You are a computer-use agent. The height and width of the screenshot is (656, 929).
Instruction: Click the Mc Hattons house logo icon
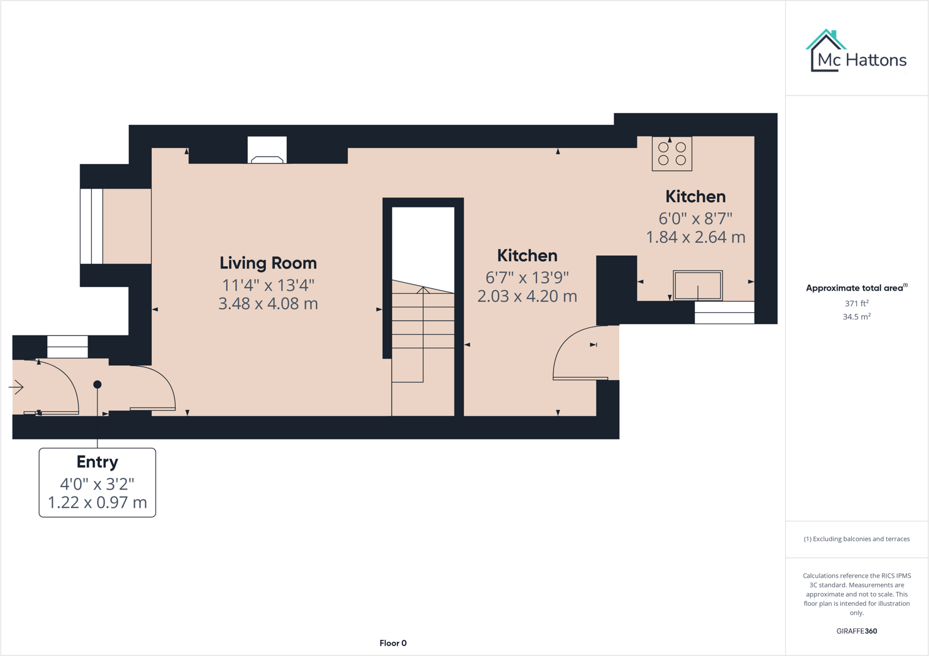coord(826,51)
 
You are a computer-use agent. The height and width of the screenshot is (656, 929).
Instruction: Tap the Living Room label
coord(268,263)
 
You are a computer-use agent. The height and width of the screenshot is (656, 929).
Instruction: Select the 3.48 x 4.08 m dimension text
coord(268,304)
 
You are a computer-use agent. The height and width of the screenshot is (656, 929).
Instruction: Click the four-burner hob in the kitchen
coord(672,154)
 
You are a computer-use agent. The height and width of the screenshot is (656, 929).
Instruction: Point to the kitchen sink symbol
coord(698,285)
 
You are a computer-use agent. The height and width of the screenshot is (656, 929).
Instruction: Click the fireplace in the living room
coord(267,151)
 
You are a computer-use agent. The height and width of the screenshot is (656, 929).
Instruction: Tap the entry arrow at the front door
coord(17,387)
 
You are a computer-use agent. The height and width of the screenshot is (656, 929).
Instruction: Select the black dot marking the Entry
coord(97,384)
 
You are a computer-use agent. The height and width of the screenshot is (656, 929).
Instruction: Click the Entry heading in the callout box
coord(97,462)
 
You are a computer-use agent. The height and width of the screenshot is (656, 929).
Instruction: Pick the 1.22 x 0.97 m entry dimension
coord(97,503)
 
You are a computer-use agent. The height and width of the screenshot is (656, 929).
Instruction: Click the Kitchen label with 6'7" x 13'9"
coord(527,256)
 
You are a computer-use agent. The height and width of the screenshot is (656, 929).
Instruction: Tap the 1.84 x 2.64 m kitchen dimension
coord(696,237)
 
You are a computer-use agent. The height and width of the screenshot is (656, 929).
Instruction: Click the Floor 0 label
coord(393,643)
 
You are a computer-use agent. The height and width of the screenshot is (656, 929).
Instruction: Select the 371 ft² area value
coord(856,304)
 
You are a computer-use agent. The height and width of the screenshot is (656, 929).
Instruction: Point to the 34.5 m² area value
coord(856,317)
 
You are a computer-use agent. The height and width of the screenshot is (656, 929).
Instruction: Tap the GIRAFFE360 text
coord(856,631)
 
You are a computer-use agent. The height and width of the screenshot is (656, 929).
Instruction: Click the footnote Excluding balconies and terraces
coord(856,539)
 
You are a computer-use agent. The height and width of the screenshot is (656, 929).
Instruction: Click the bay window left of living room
coord(92,226)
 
